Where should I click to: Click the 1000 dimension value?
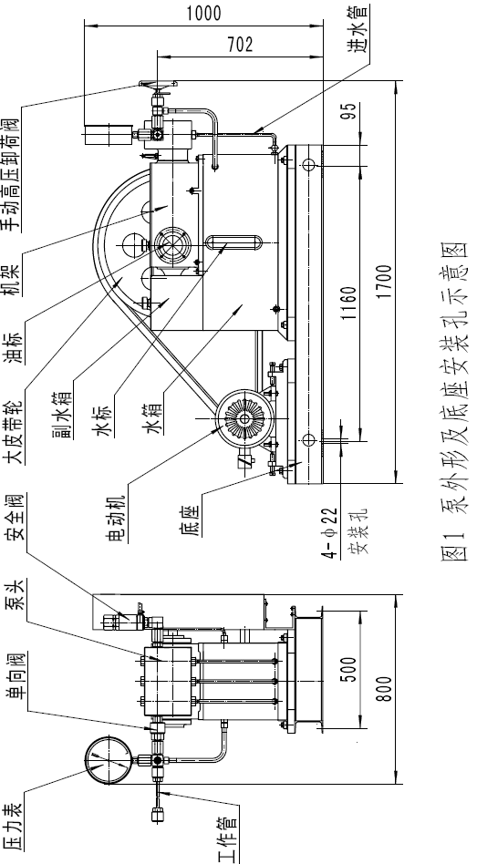point(203,13)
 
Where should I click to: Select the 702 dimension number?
point(240,44)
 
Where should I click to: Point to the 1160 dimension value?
point(349,303)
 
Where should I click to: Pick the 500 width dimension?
point(349,669)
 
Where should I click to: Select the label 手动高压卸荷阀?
point(12,173)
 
